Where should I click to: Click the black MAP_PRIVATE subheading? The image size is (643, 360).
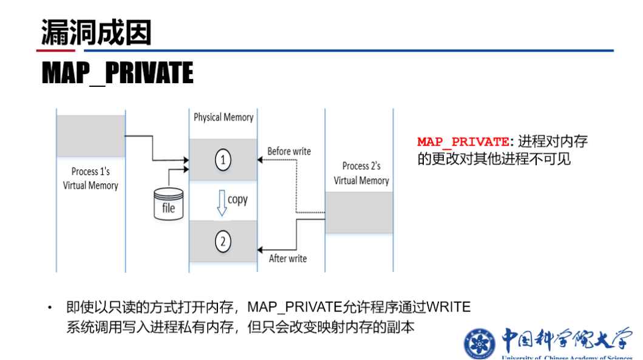point(117,73)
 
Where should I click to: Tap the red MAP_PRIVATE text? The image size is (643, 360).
point(463,142)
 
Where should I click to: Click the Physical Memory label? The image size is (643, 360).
point(223,117)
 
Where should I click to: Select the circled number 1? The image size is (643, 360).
point(223,160)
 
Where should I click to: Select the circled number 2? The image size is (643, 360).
point(223,242)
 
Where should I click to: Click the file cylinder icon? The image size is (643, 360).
point(168,203)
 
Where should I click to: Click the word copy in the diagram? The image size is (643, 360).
point(238,199)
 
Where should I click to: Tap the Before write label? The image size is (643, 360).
point(289,151)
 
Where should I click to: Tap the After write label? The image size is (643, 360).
point(288,259)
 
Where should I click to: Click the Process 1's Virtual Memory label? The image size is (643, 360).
point(90,178)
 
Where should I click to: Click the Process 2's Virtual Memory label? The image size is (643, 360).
point(361,173)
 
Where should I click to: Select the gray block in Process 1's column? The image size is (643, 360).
point(90,136)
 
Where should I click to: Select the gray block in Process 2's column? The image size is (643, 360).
point(359,212)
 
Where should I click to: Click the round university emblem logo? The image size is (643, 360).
point(480,343)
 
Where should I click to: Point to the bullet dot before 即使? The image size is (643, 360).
point(50,308)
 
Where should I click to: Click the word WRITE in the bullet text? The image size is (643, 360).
point(449,307)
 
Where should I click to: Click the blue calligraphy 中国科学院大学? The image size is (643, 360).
point(566,340)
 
